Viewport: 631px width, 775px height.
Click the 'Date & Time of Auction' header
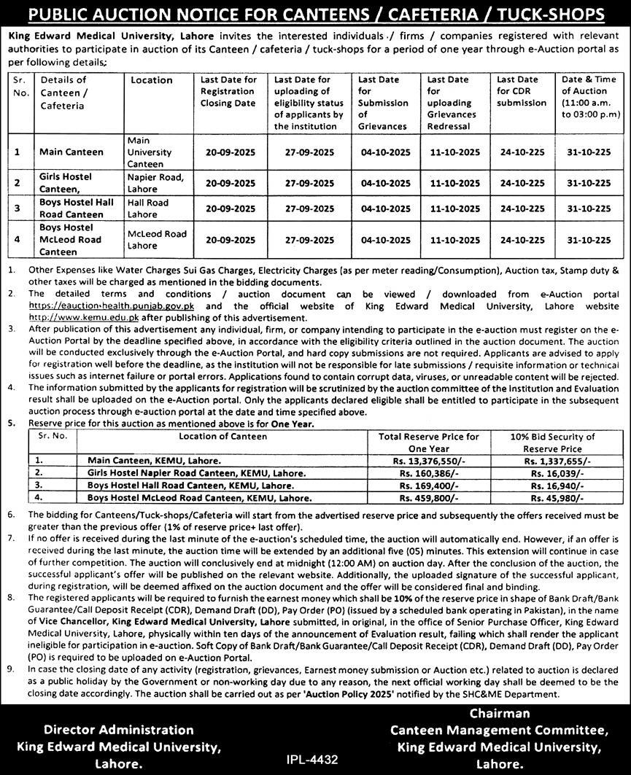pos(590,97)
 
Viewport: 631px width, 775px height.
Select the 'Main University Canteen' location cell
pos(150,152)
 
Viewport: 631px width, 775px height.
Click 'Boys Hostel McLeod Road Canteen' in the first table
pos(70,240)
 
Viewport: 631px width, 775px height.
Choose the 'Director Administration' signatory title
pos(119,730)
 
